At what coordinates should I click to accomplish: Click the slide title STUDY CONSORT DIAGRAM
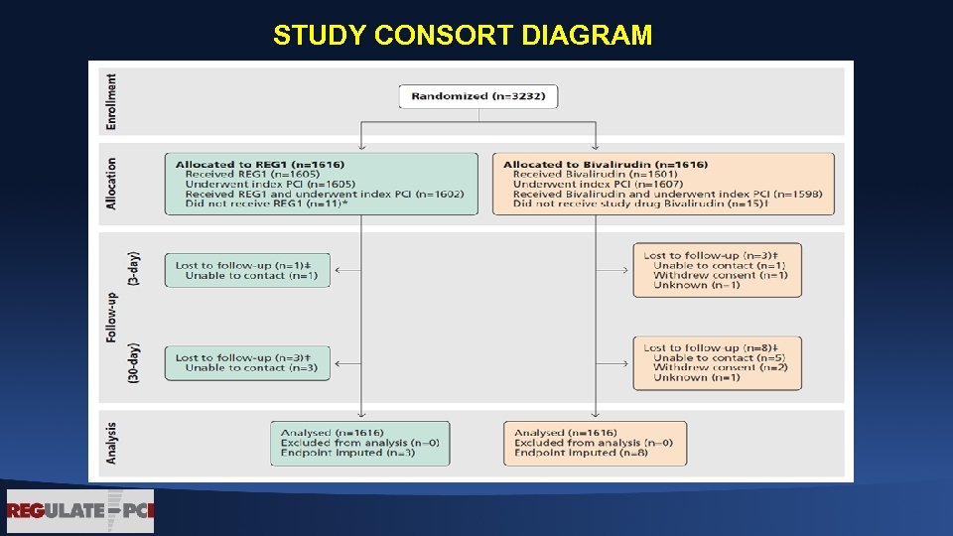pos(463,36)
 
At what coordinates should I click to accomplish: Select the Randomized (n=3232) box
pos(478,96)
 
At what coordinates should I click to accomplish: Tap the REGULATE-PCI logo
pos(80,511)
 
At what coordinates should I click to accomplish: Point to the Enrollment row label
pos(111,101)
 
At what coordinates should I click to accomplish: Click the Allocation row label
pos(111,183)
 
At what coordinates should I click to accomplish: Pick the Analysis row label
pos(111,442)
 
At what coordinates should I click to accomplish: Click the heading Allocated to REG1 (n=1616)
pos(260,164)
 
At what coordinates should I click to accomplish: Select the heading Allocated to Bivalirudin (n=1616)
pos(605,164)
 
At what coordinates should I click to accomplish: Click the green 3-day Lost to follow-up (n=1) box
pos(247,270)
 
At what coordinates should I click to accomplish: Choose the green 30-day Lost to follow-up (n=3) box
pos(247,362)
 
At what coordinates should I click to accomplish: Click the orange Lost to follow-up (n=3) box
pos(717,270)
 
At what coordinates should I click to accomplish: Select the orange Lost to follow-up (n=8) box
pos(717,362)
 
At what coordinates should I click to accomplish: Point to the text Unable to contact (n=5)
pos(719,357)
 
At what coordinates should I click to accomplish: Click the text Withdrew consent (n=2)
pos(721,367)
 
